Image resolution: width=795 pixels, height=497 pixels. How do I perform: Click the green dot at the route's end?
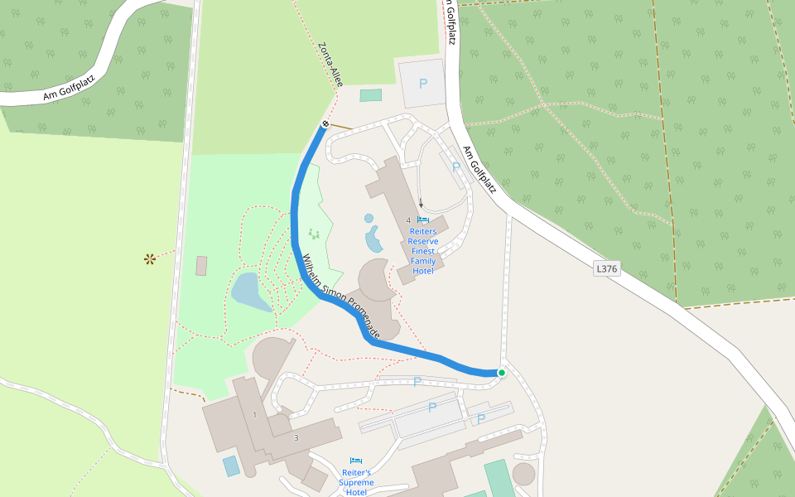click(501, 373)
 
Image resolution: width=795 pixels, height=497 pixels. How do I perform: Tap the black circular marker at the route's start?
click(325, 124)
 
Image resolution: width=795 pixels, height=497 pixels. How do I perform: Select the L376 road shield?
click(607, 268)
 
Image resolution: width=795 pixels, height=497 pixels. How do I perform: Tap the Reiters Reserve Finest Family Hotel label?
click(423, 251)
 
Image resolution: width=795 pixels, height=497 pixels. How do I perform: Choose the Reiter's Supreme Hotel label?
click(356, 481)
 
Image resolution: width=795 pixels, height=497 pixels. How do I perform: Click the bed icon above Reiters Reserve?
click(423, 220)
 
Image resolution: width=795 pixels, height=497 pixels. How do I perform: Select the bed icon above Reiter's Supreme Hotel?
click(356, 461)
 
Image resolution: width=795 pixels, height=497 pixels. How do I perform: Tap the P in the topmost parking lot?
click(423, 84)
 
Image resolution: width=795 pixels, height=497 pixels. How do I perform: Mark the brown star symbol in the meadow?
click(150, 259)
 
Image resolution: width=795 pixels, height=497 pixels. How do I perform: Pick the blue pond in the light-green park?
click(249, 292)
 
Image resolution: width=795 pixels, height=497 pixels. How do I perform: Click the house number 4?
click(408, 220)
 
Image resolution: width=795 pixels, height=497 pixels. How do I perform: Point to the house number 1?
click(255, 414)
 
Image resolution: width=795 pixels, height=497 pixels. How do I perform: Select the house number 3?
click(296, 437)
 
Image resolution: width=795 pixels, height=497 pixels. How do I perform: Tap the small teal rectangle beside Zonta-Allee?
click(371, 95)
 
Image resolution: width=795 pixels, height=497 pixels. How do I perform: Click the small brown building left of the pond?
click(201, 266)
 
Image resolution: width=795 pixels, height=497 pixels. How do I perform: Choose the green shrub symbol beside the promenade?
click(313, 234)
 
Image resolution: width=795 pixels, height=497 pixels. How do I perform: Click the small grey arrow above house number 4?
click(421, 203)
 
